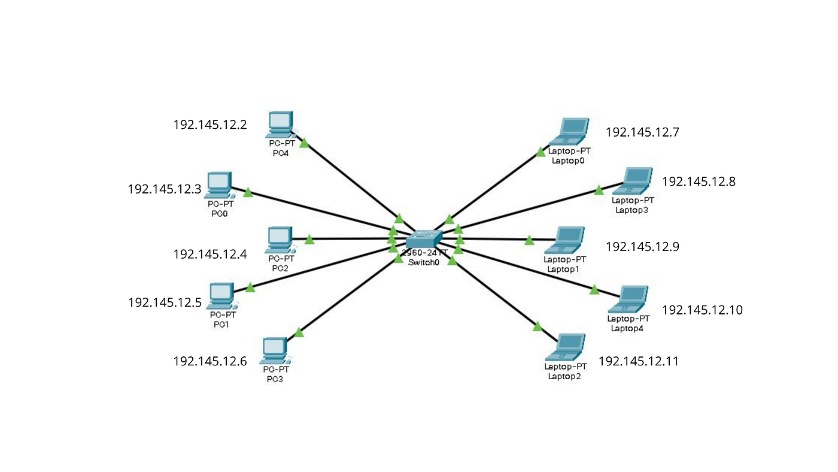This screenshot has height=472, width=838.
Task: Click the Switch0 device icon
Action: click(x=423, y=240)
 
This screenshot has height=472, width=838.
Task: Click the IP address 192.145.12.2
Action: click(x=210, y=125)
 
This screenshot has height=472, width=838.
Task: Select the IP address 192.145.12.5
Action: click(x=165, y=302)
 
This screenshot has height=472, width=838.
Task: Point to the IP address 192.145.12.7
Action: click(x=642, y=132)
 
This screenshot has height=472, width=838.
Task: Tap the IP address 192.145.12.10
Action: click(x=702, y=310)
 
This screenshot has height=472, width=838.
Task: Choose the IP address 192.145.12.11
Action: click(x=639, y=361)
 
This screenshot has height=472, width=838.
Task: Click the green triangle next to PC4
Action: click(x=304, y=143)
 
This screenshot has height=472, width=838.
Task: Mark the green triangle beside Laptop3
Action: click(x=599, y=190)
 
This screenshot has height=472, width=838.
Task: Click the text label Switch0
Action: click(x=423, y=262)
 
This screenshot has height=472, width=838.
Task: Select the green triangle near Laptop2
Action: click(x=537, y=326)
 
